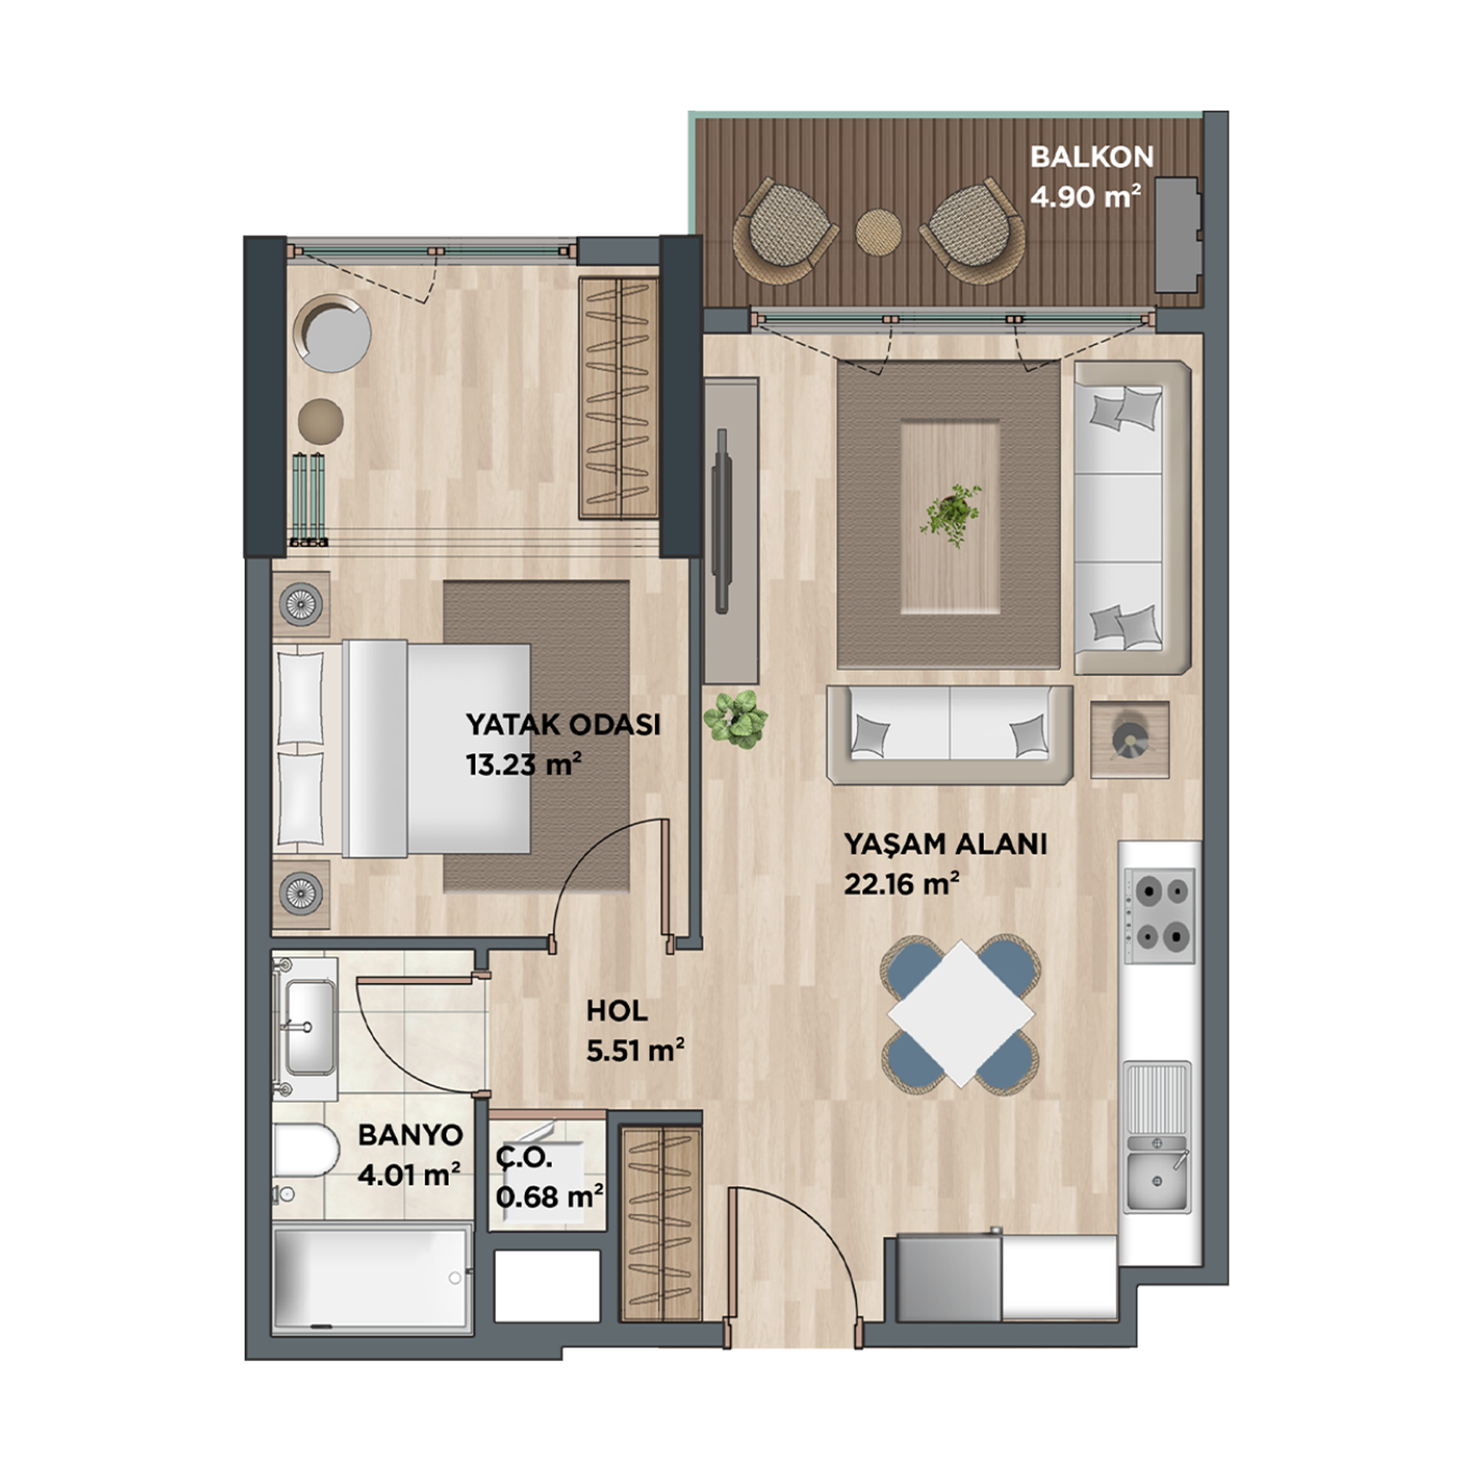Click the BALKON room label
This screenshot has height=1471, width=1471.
[x=1091, y=157]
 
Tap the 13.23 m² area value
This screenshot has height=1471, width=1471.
[x=523, y=765]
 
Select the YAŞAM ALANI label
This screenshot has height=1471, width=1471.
[x=945, y=844]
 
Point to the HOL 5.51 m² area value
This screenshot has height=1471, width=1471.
[x=635, y=1051]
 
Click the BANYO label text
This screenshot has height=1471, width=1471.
[x=410, y=1136]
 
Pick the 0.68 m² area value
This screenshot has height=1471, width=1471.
[x=549, y=1196]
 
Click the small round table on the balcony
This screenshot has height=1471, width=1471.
[x=878, y=228]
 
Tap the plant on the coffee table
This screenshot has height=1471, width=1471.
[x=950, y=513]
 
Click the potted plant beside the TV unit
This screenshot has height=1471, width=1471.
[x=735, y=719]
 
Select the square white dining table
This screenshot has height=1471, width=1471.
[x=961, y=1014]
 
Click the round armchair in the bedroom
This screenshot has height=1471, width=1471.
[x=332, y=333]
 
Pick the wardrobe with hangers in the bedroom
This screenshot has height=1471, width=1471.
[x=618, y=398]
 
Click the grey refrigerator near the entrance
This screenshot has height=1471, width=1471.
[x=949, y=1277]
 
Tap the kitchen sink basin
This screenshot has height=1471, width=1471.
[x=1157, y=1181]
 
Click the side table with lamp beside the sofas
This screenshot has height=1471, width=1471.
[x=1130, y=739]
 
